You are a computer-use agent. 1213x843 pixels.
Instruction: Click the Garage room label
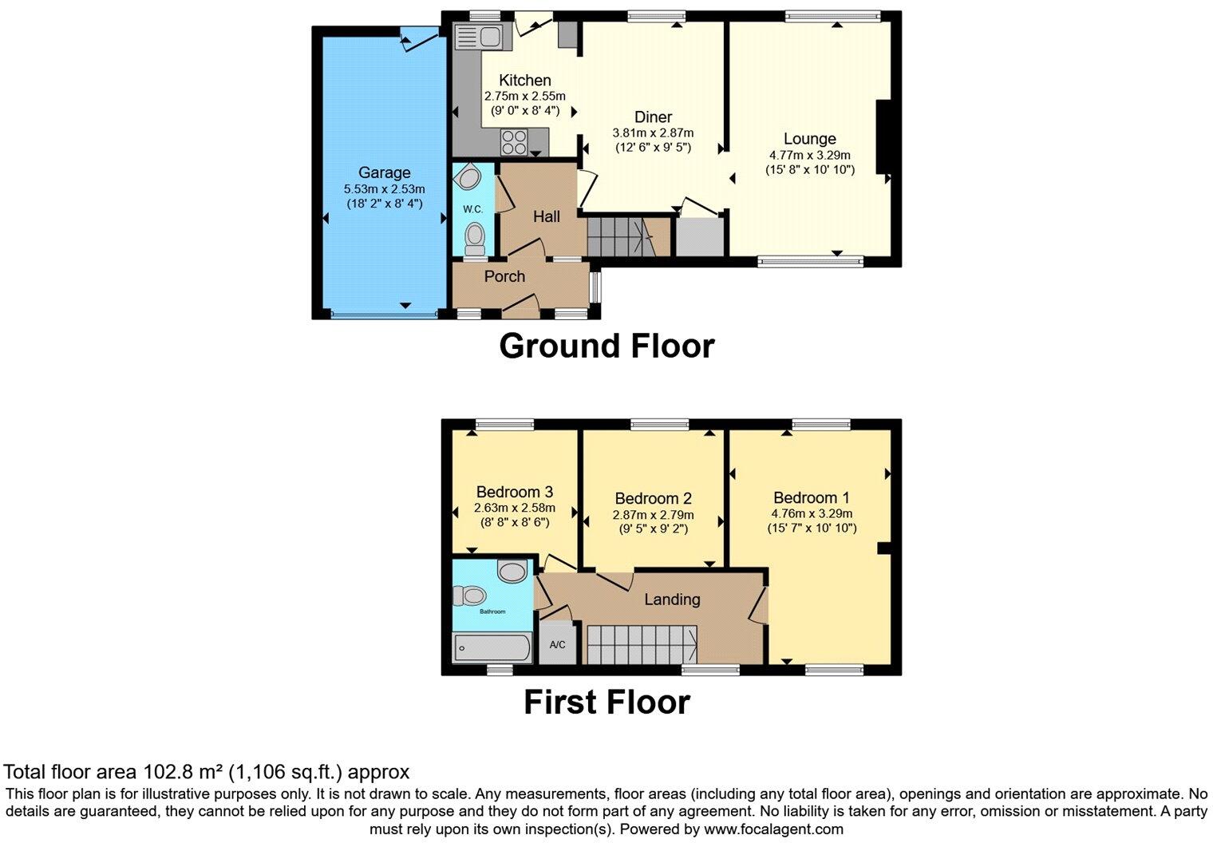(384, 172)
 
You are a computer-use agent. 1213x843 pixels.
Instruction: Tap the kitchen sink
(476, 37)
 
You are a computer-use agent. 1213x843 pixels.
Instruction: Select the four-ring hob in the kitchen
(514, 142)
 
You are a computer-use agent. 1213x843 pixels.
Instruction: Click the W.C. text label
(472, 209)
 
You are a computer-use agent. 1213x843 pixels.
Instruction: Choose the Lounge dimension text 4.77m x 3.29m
(809, 156)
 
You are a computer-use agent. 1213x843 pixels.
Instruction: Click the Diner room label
(653, 117)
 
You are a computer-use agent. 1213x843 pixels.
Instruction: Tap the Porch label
(504, 276)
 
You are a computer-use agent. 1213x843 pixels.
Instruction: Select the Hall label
(547, 216)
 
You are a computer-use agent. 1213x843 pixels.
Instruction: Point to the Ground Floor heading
(606, 346)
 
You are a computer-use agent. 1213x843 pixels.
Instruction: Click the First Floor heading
(606, 702)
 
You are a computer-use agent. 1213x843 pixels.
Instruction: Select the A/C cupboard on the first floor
(557, 644)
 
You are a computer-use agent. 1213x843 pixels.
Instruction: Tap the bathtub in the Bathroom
(492, 647)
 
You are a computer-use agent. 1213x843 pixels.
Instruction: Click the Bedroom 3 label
(515, 492)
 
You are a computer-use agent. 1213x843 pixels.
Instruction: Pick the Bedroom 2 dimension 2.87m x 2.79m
(653, 515)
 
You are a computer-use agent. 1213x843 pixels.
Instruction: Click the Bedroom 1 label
(810, 497)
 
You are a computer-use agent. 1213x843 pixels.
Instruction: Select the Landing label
(672, 599)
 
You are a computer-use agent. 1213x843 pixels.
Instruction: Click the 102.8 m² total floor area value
(184, 772)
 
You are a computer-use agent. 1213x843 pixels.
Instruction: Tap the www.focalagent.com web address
(773, 829)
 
